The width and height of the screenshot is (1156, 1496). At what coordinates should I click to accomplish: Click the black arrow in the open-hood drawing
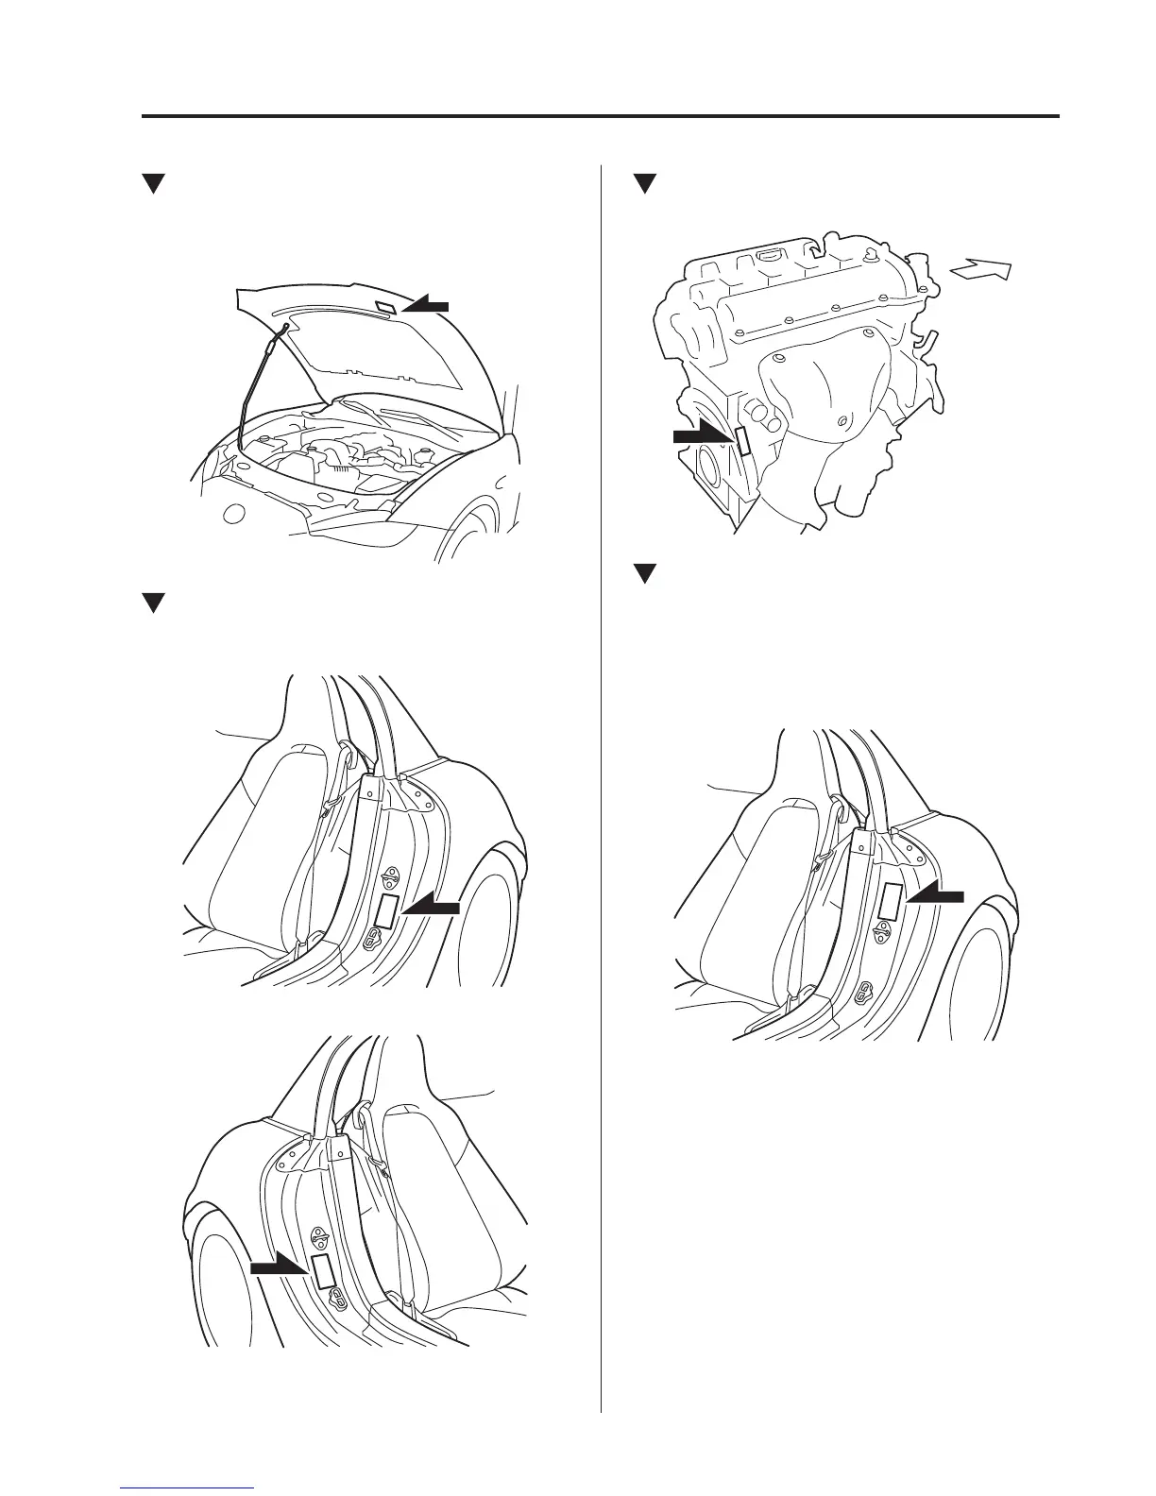[x=425, y=304]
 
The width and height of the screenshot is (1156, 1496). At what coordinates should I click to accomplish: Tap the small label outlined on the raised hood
[x=386, y=306]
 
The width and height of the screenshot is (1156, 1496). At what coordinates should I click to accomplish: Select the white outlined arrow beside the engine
[x=982, y=271]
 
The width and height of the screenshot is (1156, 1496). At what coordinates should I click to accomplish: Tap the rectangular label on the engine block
[x=742, y=441]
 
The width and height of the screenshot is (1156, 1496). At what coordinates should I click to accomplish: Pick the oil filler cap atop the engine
[x=770, y=255]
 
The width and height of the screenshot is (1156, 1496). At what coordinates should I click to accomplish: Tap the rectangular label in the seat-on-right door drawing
[x=322, y=1271]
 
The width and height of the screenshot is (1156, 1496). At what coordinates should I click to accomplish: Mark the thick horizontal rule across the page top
[x=601, y=117]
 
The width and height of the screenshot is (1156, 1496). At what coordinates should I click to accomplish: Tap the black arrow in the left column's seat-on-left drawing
[x=431, y=908]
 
